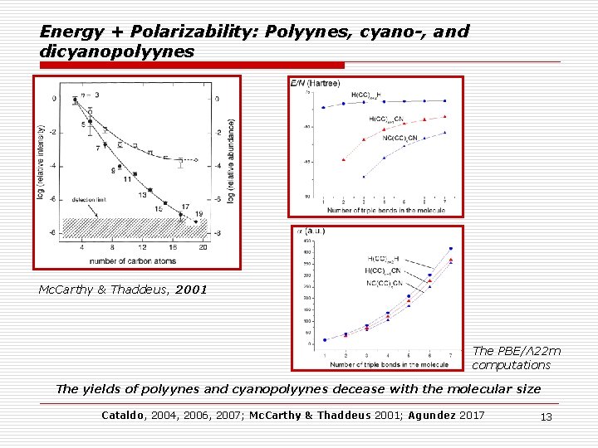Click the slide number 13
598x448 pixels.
pos(546,416)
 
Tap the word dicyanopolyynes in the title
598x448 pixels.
pos(117,51)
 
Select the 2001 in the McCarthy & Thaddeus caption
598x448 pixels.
pos(192,291)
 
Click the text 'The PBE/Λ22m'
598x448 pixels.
pos(516,351)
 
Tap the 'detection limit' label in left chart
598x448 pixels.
pos(89,201)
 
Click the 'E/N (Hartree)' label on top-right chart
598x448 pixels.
pos(315,83)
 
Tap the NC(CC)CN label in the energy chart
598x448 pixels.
pos(399,138)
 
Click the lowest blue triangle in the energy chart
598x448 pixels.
pos(363,177)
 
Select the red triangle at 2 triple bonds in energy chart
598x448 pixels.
pos(343,159)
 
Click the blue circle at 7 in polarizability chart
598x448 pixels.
pos(451,248)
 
